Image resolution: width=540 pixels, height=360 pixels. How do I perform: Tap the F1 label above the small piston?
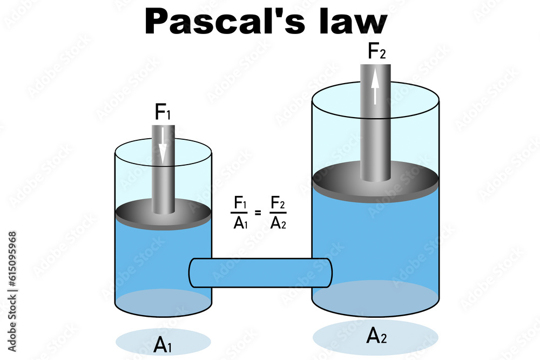click(x=163, y=112)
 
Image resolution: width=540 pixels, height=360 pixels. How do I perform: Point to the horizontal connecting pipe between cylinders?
click(x=259, y=273)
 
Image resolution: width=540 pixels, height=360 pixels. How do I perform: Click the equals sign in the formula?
click(x=258, y=213)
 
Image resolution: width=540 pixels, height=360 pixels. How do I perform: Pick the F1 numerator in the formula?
click(x=240, y=203)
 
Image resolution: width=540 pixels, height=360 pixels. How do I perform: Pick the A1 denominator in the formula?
click(x=240, y=222)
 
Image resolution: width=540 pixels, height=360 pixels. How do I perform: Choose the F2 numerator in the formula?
click(x=278, y=203)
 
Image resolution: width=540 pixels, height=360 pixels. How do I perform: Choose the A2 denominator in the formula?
click(x=278, y=222)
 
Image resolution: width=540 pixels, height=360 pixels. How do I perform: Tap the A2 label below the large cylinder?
click(x=376, y=336)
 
